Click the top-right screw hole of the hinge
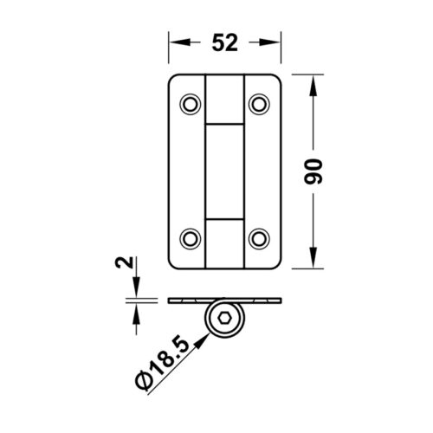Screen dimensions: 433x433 [x=257, y=105]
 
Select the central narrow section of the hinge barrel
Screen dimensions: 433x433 [x=224, y=171]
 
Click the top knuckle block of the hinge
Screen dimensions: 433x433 [x=224, y=97]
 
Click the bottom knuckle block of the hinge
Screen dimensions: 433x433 [x=224, y=242]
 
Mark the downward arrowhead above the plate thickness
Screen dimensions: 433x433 [x=135, y=294]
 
